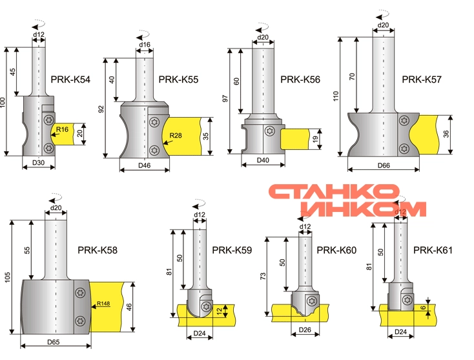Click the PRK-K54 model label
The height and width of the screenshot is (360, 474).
70,79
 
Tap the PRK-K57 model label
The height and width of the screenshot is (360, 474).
422,79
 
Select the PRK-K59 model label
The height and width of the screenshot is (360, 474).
232,250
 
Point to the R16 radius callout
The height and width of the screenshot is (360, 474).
62,129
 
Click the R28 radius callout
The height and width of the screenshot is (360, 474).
176,135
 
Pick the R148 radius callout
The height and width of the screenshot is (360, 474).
103,303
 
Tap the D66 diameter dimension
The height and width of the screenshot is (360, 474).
384,165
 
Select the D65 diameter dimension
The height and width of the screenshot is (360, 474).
53,342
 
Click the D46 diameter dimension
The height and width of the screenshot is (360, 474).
144,165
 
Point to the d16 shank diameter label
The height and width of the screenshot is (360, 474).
145,45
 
